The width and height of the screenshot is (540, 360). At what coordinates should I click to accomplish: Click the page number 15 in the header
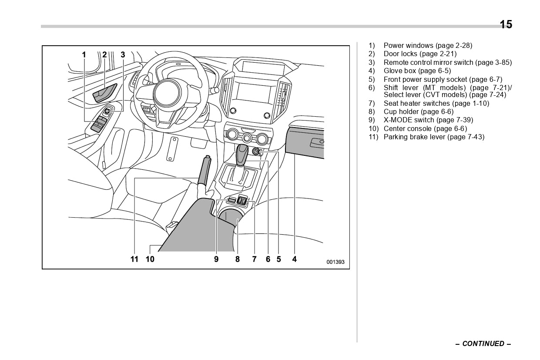(x=506, y=24)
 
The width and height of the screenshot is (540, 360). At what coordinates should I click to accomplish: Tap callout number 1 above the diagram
(x=84, y=55)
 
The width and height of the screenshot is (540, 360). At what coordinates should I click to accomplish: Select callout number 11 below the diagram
(x=134, y=259)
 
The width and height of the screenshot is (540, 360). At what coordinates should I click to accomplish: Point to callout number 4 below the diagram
(x=295, y=259)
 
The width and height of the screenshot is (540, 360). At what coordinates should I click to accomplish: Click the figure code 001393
(x=335, y=262)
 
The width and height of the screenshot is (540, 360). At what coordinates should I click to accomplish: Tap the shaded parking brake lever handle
(x=204, y=172)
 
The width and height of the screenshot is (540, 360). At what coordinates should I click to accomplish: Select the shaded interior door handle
(x=105, y=92)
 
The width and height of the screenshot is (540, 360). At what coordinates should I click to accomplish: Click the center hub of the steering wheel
(x=167, y=92)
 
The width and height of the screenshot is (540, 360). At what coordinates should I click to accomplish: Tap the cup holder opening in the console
(x=231, y=215)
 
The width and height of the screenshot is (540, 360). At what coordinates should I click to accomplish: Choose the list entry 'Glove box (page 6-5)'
(x=417, y=71)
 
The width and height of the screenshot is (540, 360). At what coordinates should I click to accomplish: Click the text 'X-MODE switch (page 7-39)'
(x=428, y=120)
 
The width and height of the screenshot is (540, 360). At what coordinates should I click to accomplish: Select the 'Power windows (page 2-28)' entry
(x=427, y=46)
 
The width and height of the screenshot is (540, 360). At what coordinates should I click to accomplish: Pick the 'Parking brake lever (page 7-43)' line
(x=433, y=137)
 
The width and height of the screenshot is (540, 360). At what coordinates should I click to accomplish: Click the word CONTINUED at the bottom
(x=483, y=344)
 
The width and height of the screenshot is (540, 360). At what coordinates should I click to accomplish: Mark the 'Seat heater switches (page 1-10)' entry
(x=436, y=104)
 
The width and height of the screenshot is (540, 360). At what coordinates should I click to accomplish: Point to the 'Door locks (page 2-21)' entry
(x=420, y=54)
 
